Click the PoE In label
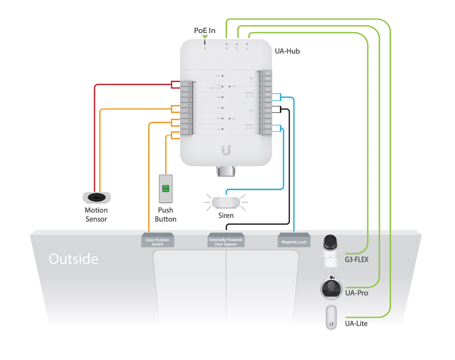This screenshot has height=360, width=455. pyautogui.click(x=204, y=30)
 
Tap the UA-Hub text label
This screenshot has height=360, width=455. pyautogui.click(x=287, y=51)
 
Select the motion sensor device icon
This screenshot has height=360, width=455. pyautogui.click(x=96, y=197)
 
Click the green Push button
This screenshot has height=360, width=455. pyautogui.click(x=165, y=188)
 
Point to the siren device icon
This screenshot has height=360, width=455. pyautogui.click(x=225, y=203)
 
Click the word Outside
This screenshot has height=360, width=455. pyautogui.click(x=73, y=259)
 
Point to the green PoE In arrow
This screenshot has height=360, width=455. pyautogui.click(x=205, y=37)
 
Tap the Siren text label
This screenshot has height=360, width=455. pyautogui.click(x=226, y=216)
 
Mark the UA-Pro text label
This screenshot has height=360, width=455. pyautogui.click(x=356, y=293)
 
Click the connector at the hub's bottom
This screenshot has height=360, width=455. pyautogui.click(x=226, y=171)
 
